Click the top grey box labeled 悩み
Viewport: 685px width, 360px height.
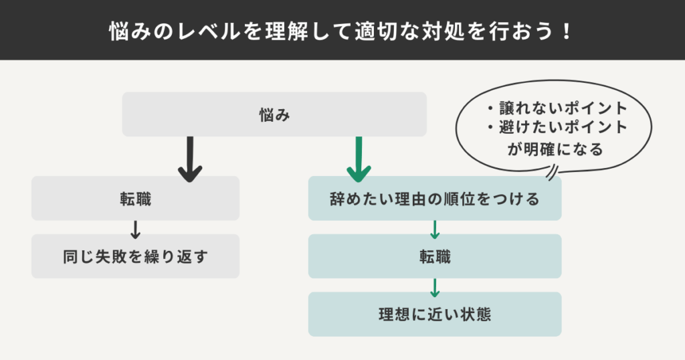274,114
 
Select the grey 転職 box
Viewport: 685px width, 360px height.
135,199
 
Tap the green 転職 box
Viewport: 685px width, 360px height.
434,256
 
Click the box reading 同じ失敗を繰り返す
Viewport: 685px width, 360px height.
135,256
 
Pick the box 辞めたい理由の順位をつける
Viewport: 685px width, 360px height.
434,199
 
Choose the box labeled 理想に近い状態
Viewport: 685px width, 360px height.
434,314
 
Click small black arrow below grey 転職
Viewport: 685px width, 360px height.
135,228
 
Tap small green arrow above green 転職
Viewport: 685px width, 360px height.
434,228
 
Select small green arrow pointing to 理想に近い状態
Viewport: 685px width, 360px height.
434,286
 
